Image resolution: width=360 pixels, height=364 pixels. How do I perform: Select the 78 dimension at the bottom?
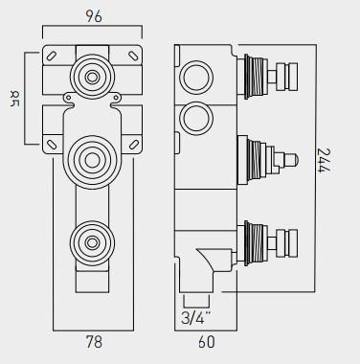click(x=93, y=339)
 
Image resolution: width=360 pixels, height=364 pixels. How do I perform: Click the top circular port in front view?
click(x=93, y=76)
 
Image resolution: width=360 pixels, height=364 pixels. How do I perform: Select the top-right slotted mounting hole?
click(x=134, y=55)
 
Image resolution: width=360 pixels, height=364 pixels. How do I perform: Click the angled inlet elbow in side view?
click(x=205, y=261)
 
